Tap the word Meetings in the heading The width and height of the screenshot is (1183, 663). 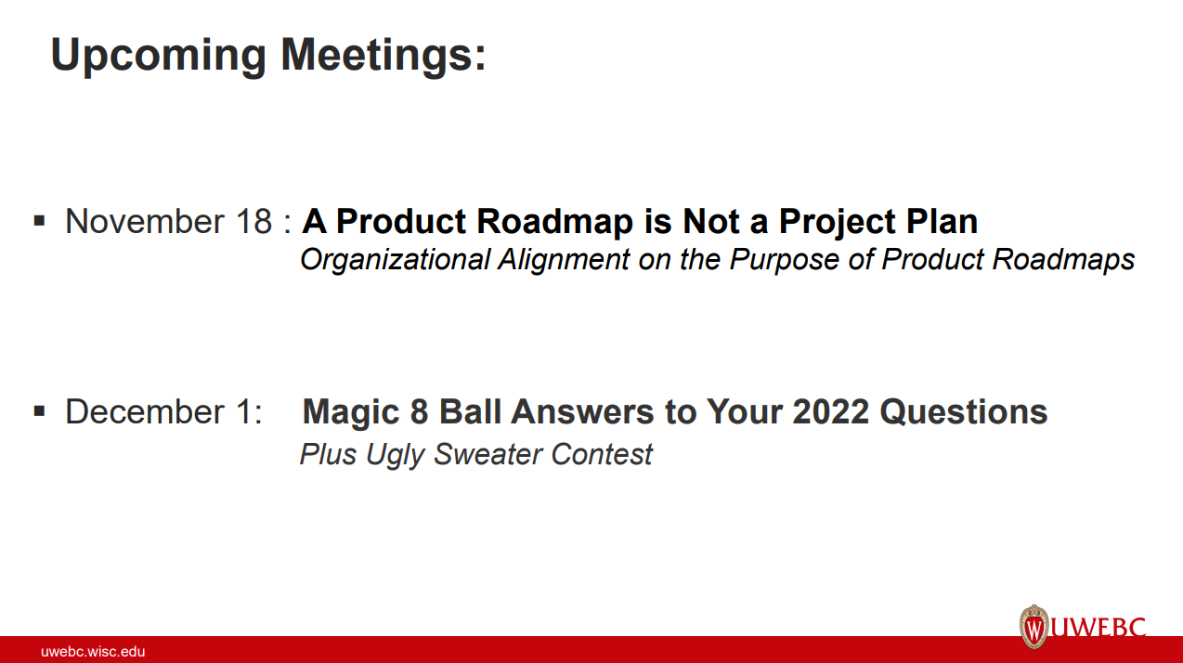click(x=383, y=55)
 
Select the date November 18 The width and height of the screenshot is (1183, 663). click(x=169, y=222)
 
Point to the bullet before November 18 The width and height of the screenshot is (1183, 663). click(x=40, y=221)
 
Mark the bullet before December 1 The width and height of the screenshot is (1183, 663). click(x=40, y=410)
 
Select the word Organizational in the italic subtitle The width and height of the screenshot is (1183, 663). click(x=395, y=260)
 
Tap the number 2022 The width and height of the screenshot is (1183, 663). click(x=830, y=412)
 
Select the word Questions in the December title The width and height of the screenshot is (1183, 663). click(x=964, y=412)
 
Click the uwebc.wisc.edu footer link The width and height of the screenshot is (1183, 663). click(x=93, y=652)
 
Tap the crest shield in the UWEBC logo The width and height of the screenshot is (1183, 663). click(x=1033, y=628)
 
